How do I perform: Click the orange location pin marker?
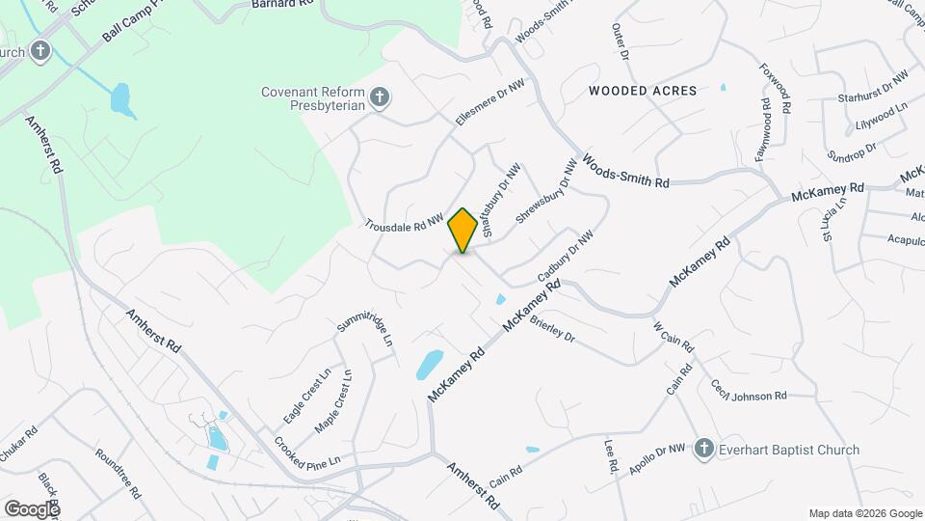pyautogui.click(x=462, y=231)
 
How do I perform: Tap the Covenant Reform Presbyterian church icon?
pyautogui.click(x=380, y=96)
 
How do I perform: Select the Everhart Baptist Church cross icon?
pyautogui.click(x=703, y=449)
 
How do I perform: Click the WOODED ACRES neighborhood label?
pyautogui.click(x=643, y=91)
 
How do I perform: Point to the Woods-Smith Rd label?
pyautogui.click(x=625, y=170)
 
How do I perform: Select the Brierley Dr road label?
pyautogui.click(x=551, y=331)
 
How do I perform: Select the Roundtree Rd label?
pyautogui.click(x=119, y=472)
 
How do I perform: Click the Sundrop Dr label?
pyautogui.click(x=851, y=151)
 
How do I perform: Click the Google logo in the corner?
pyautogui.click(x=31, y=508)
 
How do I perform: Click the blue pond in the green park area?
pyautogui.click(x=119, y=97)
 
